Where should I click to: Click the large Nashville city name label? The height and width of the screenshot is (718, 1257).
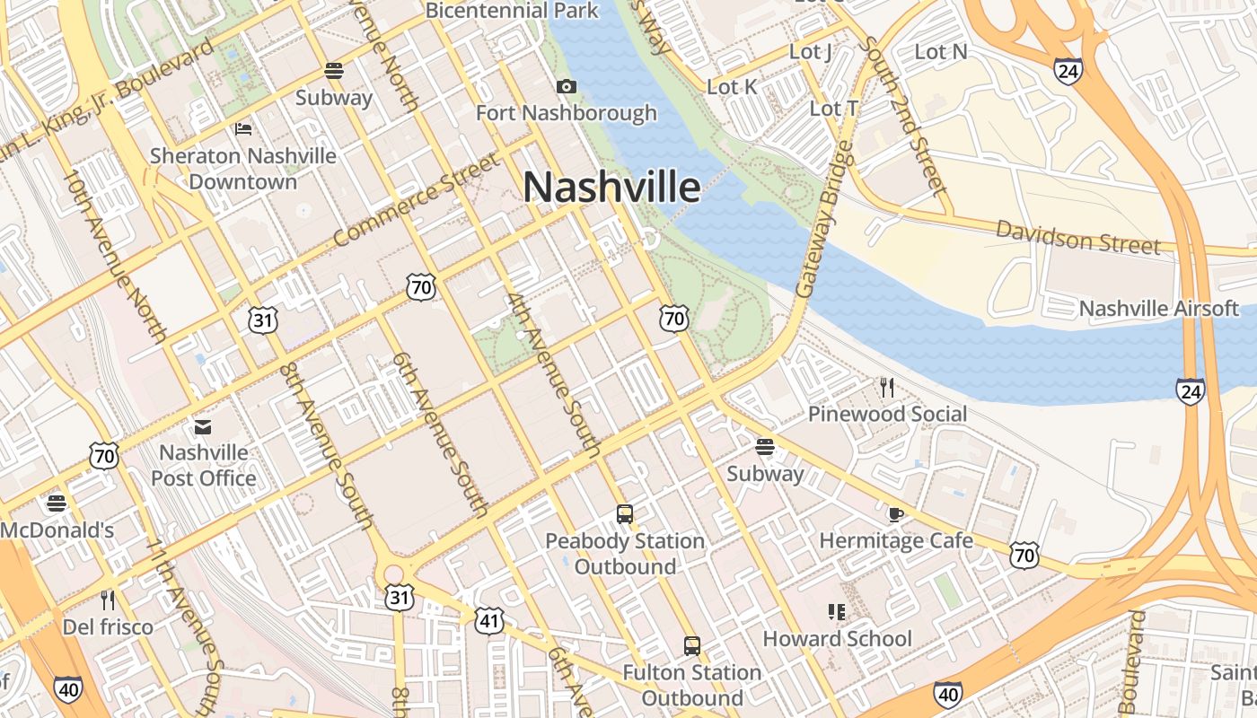[611, 187]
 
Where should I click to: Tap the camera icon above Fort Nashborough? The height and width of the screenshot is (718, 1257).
[566, 87]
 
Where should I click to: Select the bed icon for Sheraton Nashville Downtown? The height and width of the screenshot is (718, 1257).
[243, 129]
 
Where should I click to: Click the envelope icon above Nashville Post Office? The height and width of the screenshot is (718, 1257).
[204, 425]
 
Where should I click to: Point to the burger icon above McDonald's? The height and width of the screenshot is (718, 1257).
[57, 503]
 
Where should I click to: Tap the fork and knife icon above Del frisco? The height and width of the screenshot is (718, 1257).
[108, 600]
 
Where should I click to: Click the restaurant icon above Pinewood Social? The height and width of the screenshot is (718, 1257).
[887, 388]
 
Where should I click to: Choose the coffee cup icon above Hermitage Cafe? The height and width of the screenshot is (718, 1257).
[895, 514]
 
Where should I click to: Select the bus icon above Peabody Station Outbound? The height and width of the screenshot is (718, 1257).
[625, 514]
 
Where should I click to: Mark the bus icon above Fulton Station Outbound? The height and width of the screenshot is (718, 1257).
[691, 645]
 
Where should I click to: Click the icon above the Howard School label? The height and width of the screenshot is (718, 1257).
[837, 612]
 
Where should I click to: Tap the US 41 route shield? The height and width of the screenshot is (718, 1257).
[489, 620]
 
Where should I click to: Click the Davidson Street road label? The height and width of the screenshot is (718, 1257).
[1077, 237]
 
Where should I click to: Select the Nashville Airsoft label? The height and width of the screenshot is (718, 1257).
[1158, 309]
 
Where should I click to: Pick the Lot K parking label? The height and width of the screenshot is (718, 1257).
[732, 87]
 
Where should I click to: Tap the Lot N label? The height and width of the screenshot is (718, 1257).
[941, 52]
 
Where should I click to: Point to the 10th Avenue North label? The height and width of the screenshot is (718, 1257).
[115, 255]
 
